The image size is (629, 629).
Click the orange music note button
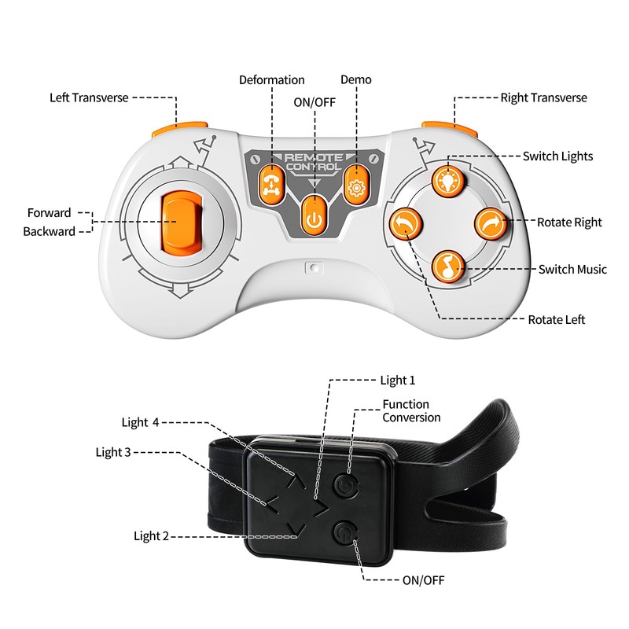pyautogui.click(x=447, y=267)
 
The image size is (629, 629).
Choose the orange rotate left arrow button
pyautogui.click(x=405, y=225)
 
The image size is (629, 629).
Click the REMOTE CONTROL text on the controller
pyautogui.click(x=314, y=161)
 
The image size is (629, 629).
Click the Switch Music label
pyautogui.click(x=572, y=270)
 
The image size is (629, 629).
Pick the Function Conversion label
pyautogui.click(x=411, y=411)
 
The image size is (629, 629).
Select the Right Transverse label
pyautogui.click(x=543, y=98)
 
